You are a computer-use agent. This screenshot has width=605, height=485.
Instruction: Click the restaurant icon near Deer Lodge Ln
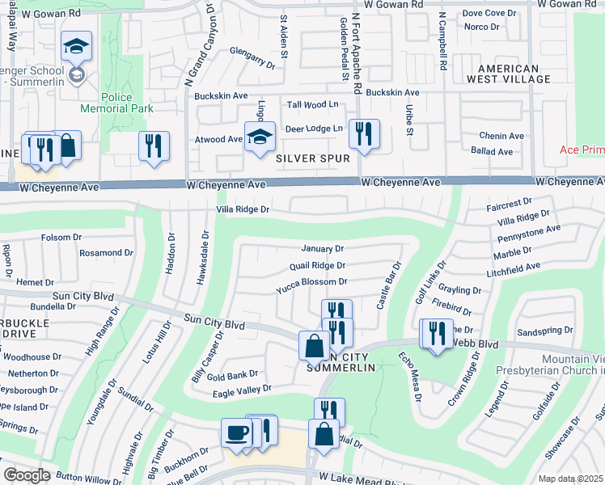[x=364, y=133]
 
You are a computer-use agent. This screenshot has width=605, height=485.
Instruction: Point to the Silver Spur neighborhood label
[x=313, y=158]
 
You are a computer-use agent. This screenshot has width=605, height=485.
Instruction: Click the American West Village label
[x=514, y=74]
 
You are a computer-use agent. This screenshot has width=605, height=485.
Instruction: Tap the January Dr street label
[x=323, y=249]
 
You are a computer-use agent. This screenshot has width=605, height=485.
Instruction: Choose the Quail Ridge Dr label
[x=317, y=265]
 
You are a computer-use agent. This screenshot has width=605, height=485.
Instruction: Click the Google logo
[x=27, y=474]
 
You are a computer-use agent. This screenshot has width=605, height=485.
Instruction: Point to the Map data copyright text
[x=570, y=479]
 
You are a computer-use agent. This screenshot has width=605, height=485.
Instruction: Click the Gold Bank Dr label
[x=232, y=374]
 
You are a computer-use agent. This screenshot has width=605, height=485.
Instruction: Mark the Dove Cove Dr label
[x=489, y=13]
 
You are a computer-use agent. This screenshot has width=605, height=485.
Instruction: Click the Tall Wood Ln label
[x=313, y=105]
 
